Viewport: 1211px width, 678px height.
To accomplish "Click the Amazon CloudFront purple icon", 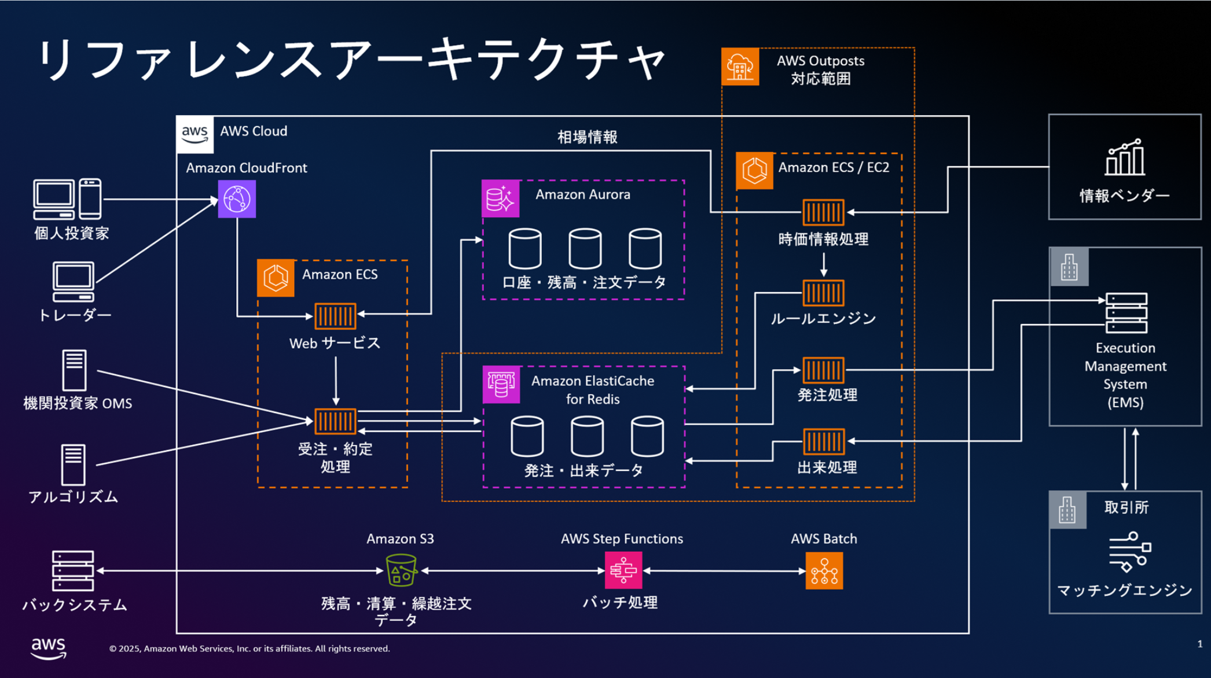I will click(x=237, y=199).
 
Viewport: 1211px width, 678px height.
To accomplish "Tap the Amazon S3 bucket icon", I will click(x=401, y=570).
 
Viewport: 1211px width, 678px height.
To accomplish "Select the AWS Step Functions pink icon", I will click(x=623, y=570).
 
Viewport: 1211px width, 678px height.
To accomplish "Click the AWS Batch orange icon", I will click(x=824, y=571).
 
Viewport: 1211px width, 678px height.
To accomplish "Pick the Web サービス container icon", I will click(x=335, y=316).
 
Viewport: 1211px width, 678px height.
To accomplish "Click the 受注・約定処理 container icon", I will click(x=335, y=421).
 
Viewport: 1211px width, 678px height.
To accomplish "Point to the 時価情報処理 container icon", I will click(x=823, y=212).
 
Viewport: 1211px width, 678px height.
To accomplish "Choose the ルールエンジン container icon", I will click(x=823, y=293).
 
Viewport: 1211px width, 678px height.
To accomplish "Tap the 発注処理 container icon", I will click(x=823, y=370).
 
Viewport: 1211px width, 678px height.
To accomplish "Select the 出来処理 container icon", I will click(x=823, y=442).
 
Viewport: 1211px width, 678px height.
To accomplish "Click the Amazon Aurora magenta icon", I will click(x=501, y=198).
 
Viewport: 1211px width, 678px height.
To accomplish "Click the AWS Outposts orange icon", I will click(x=740, y=67).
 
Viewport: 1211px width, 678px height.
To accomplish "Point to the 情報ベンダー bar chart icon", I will click(x=1125, y=157).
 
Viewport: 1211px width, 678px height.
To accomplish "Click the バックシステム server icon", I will click(x=73, y=570).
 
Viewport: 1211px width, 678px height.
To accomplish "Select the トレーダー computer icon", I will click(x=74, y=282).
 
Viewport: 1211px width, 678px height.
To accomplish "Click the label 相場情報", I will click(x=587, y=137).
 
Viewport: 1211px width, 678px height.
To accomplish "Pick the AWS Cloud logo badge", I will click(x=195, y=134).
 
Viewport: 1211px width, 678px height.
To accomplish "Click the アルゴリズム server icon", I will click(x=74, y=465).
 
